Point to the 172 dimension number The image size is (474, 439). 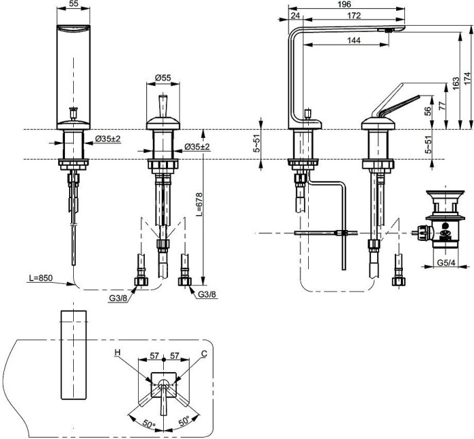[x=352, y=14]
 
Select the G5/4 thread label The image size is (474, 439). [x=445, y=262]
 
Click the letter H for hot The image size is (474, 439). [x=116, y=352]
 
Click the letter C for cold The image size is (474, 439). [x=204, y=352]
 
